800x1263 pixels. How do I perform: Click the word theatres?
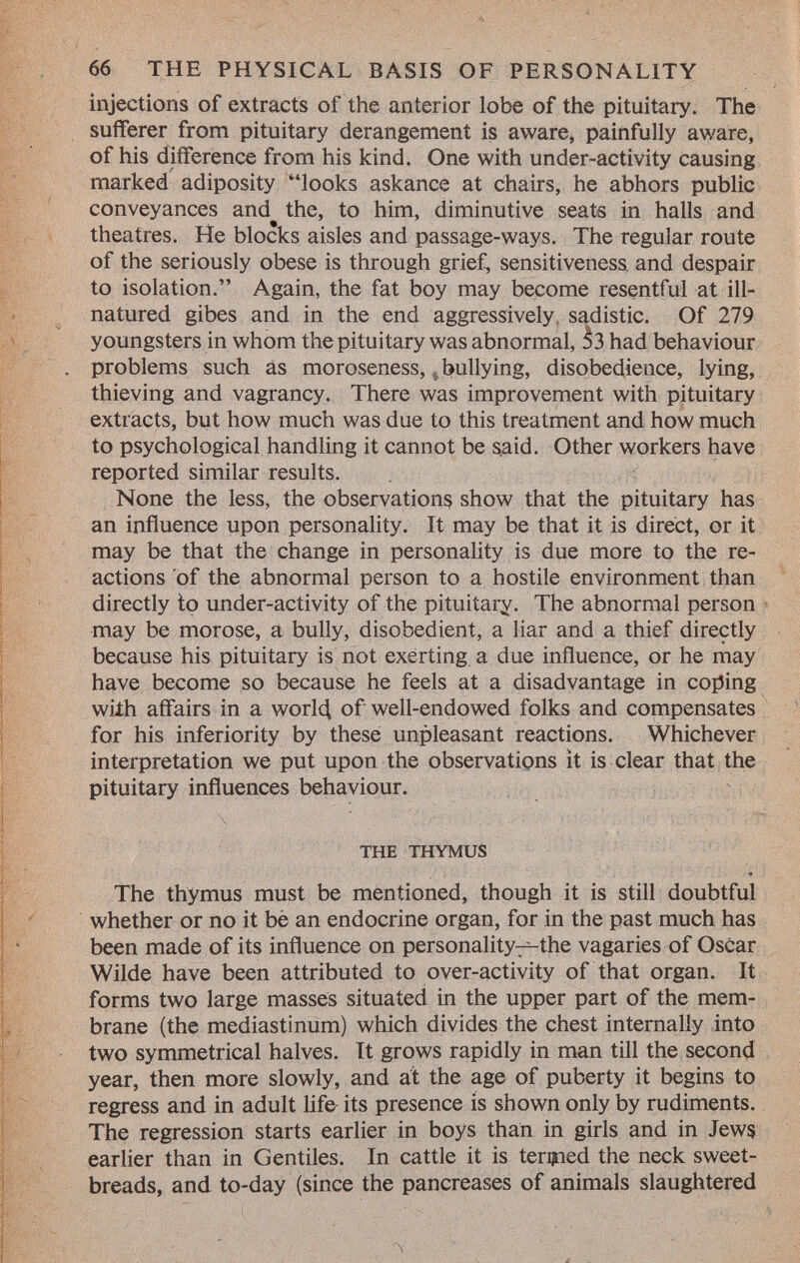click(136, 240)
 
